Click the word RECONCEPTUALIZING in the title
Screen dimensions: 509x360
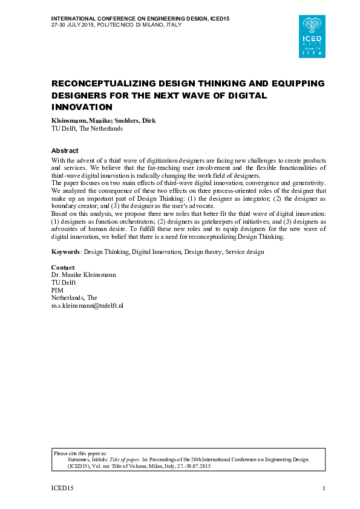pos(107,83)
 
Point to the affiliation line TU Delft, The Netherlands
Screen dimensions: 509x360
pos(87,128)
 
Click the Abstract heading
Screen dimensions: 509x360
pos(65,151)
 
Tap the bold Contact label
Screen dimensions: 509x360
pos(63,267)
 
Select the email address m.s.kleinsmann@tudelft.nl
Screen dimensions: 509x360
pos(87,306)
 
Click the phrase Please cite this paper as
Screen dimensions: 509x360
pos(80,452)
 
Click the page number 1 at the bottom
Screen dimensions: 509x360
pos(324,488)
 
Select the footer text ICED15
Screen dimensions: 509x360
pos(61,488)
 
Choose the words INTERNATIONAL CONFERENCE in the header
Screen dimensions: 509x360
pos(94,18)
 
